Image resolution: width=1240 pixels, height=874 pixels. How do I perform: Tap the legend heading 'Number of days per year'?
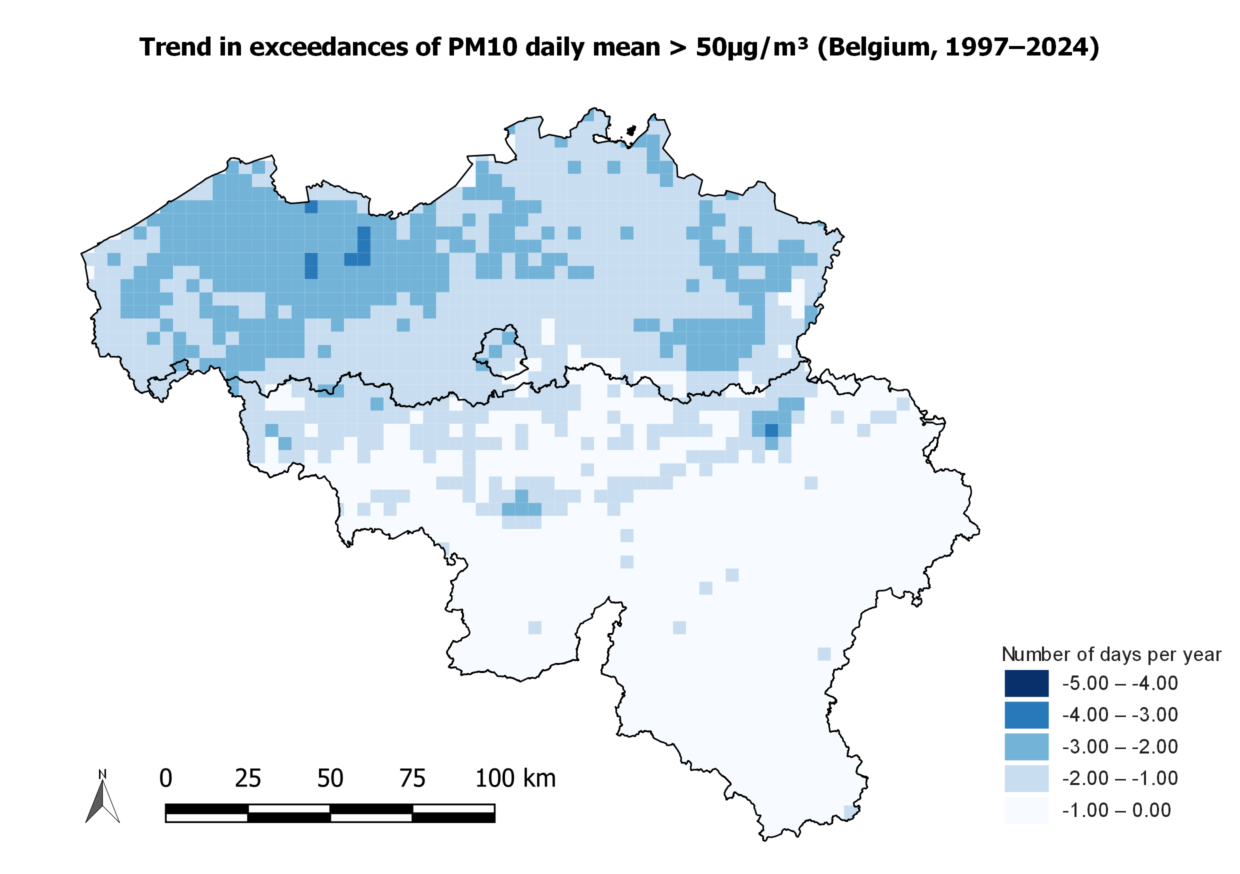pos(1111,654)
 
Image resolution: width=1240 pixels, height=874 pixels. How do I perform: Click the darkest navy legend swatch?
pos(1026,683)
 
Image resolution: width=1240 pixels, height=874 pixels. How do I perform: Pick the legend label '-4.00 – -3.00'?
pos(1119,714)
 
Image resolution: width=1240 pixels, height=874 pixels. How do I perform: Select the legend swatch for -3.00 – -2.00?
pos(1026,746)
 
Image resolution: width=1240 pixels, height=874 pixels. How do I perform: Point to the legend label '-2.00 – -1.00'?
pos(1119,778)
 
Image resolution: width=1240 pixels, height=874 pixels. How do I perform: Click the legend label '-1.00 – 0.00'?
pos(1116,810)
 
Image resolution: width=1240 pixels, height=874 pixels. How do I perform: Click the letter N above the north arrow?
pos(102,774)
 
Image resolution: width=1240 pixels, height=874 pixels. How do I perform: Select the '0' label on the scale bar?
pos(166,778)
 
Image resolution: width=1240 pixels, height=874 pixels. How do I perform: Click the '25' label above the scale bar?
pos(248,778)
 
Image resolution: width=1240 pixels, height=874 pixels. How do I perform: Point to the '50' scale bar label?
pos(330,778)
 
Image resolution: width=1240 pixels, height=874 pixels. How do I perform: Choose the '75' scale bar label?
pos(412,778)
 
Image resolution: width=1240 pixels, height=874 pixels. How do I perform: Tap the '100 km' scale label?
pos(515,778)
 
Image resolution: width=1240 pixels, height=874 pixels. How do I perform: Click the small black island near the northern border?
pos(631,130)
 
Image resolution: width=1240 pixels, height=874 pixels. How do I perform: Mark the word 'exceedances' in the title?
pos(328,47)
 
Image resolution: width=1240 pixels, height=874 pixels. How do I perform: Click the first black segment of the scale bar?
pos(207,808)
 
